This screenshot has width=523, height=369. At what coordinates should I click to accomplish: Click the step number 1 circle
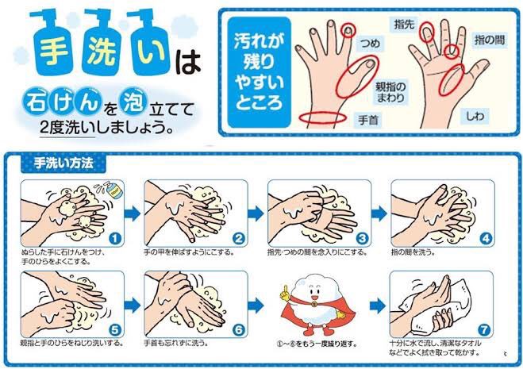tap(115, 239)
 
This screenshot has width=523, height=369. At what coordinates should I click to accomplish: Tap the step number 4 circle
tap(486, 239)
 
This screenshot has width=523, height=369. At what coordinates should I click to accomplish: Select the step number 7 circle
tap(483, 330)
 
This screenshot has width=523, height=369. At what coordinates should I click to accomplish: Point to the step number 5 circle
tap(115, 330)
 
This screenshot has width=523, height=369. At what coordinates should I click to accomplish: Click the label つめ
tap(370, 44)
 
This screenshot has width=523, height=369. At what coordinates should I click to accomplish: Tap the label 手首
tap(368, 120)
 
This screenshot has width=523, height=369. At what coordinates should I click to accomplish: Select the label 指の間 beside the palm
tap(490, 40)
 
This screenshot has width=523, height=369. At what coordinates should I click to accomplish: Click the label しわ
tap(475, 116)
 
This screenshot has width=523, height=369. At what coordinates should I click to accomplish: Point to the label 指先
tap(404, 24)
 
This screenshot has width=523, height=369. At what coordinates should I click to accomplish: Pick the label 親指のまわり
tap(390, 92)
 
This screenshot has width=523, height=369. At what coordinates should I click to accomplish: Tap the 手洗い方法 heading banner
tap(63, 163)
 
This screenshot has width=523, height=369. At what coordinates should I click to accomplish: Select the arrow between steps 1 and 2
tap(133, 213)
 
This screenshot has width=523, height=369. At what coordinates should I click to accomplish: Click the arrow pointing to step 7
tap(378, 306)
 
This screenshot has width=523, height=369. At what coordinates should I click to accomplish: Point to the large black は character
tap(188, 62)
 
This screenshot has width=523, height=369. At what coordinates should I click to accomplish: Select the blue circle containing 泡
tap(133, 100)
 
